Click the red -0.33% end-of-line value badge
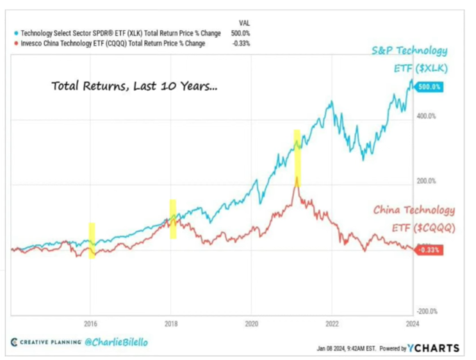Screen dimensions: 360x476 (x=429, y=250)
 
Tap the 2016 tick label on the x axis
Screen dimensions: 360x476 (x=90, y=323)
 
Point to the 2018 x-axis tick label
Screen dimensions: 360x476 (x=171, y=323)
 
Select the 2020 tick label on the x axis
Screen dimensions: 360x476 (x=251, y=323)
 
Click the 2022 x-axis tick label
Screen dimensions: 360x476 (x=332, y=323)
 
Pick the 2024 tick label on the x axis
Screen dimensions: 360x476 (x=412, y=323)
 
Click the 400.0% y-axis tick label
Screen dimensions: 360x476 (x=427, y=116)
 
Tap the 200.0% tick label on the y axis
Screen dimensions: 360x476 (x=427, y=181)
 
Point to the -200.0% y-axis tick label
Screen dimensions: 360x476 (x=427, y=311)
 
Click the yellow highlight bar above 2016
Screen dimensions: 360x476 (x=92, y=240)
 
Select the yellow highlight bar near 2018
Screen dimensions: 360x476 (x=172, y=219)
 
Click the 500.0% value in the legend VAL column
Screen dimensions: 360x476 (x=242, y=32)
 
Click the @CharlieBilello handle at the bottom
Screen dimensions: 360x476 (x=116, y=342)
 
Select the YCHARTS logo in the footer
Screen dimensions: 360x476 (x=435, y=348)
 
